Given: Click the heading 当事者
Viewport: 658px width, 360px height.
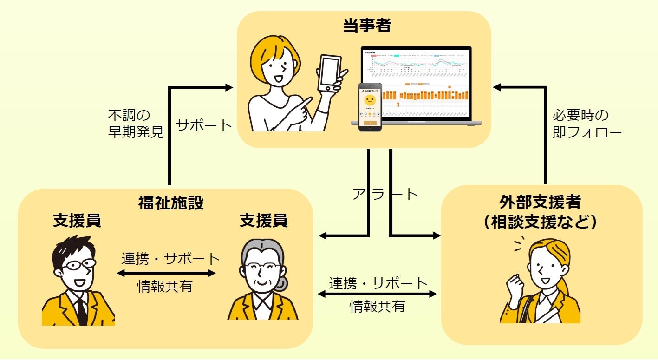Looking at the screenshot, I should click(367, 26).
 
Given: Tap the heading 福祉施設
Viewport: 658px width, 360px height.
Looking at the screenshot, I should click(171, 203).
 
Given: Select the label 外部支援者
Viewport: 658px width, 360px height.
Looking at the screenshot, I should click(541, 203).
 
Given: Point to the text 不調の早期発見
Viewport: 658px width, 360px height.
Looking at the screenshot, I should click(136, 124).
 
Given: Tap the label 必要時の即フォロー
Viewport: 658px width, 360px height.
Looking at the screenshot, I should click(586, 124).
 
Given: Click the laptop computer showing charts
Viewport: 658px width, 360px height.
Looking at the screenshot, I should click(416, 86).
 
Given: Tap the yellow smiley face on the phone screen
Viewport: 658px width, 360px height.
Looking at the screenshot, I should click(370, 100).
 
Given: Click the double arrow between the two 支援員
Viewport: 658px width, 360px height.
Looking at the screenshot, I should click(166, 273).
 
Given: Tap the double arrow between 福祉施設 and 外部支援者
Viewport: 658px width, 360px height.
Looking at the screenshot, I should click(377, 294).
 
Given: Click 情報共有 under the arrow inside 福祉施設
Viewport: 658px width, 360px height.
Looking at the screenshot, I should click(165, 287).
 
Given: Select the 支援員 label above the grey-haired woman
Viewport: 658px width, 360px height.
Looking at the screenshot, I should click(263, 221).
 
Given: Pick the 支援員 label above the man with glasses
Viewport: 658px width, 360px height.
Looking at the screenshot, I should click(77, 221).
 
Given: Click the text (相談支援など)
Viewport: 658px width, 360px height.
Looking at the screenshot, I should click(541, 222).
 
